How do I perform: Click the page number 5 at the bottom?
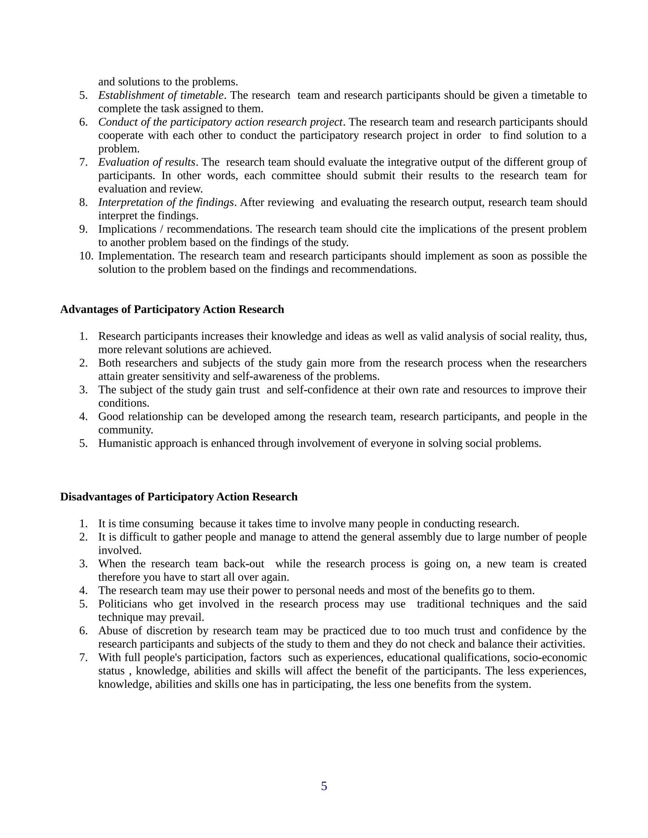click(324, 786)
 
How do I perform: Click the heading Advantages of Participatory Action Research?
click(172, 309)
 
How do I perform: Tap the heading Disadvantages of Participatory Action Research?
click(178, 496)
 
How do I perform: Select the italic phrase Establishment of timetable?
click(161, 95)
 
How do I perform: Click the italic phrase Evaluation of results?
click(146, 162)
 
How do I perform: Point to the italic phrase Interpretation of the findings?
click(166, 202)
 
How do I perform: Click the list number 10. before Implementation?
click(86, 256)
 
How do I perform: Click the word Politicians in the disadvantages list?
click(122, 604)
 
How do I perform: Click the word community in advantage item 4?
click(125, 430)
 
